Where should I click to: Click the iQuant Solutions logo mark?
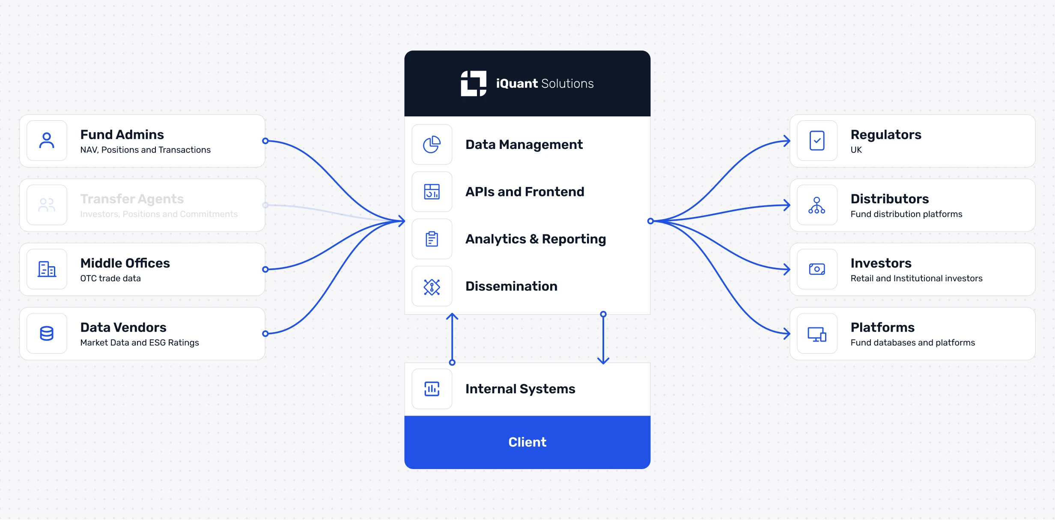click(473, 83)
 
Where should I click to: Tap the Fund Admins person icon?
click(47, 141)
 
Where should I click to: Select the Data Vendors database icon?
click(47, 333)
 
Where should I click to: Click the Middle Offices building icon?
click(47, 269)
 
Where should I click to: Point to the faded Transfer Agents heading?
click(132, 199)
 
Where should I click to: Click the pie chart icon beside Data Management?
click(432, 145)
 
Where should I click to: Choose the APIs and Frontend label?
click(525, 192)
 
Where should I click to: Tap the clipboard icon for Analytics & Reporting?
click(432, 239)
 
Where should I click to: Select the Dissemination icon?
click(432, 286)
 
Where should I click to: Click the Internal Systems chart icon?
click(432, 389)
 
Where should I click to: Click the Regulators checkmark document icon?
click(817, 141)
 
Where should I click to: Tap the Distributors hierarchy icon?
click(817, 205)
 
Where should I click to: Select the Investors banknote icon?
click(817, 269)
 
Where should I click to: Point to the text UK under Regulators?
click(856, 150)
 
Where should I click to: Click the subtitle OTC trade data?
click(110, 279)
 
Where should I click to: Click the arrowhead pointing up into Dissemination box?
click(452, 316)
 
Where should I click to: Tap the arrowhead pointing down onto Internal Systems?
click(603, 361)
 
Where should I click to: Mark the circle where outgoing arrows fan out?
click(650, 221)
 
